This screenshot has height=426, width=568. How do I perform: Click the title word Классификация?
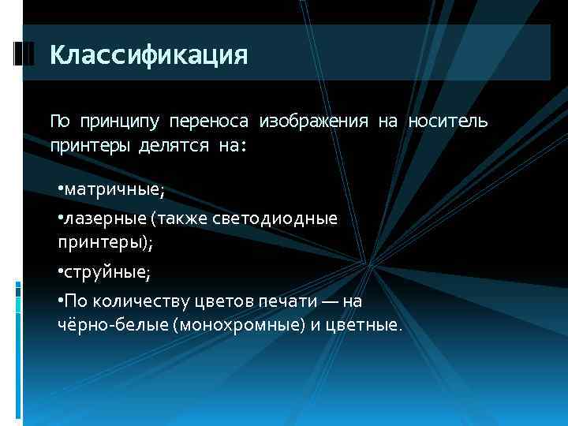[x=148, y=55]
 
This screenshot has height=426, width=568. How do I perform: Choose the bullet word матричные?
[x=114, y=190]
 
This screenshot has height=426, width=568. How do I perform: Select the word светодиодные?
[x=286, y=219]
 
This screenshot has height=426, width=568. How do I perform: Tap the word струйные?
[x=106, y=272]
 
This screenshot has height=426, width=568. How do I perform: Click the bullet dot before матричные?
[x=60, y=190]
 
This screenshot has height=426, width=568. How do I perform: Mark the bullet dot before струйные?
[x=60, y=272]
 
